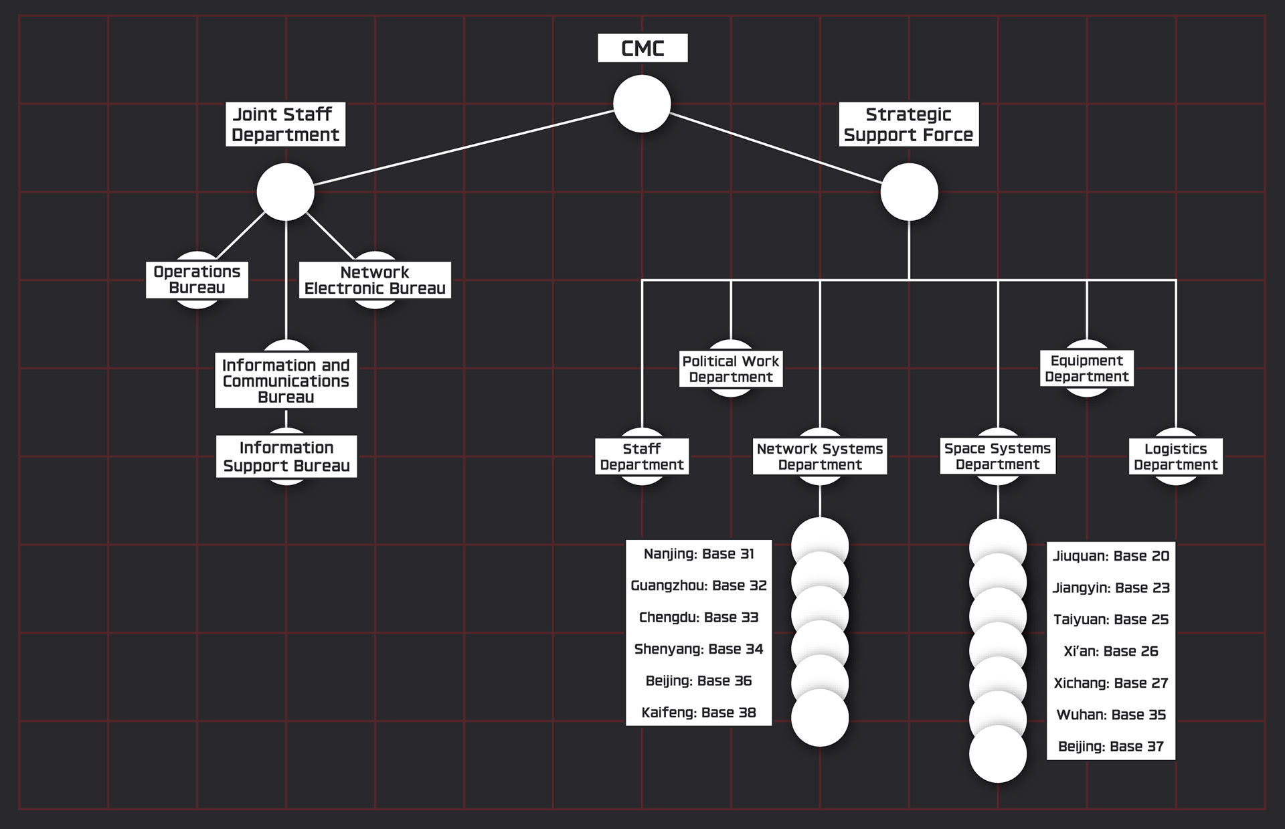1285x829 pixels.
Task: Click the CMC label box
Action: (642, 48)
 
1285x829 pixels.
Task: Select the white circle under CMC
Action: (642, 104)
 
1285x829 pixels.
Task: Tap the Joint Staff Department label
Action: (285, 124)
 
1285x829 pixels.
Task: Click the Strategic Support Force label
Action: (908, 124)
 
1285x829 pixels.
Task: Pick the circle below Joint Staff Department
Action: (285, 192)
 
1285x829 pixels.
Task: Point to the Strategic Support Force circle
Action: (909, 192)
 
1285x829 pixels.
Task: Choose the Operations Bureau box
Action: (197, 280)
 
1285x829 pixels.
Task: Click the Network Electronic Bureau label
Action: (375, 280)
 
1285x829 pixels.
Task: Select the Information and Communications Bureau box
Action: (286, 381)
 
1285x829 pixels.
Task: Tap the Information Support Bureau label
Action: (286, 456)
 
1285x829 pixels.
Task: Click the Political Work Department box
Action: (731, 369)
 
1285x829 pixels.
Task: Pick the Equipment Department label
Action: (1087, 368)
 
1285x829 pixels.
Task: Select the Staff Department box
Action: (642, 456)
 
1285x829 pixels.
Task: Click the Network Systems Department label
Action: (820, 456)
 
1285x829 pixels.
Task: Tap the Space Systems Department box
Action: (998, 456)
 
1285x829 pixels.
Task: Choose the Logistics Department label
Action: (1176, 456)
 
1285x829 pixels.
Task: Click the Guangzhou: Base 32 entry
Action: (699, 585)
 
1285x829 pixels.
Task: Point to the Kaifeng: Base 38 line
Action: (699, 713)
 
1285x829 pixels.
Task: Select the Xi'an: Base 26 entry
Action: (1111, 651)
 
